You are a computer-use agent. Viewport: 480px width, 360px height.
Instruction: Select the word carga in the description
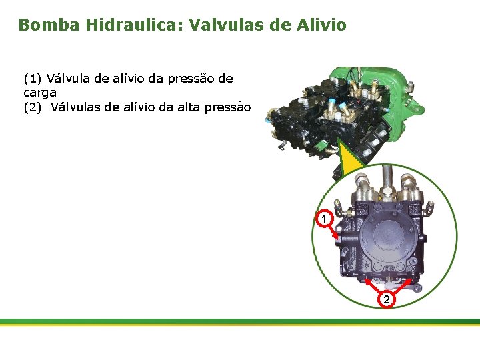(x=40, y=93)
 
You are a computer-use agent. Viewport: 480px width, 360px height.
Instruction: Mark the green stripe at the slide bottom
(x=240, y=321)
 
